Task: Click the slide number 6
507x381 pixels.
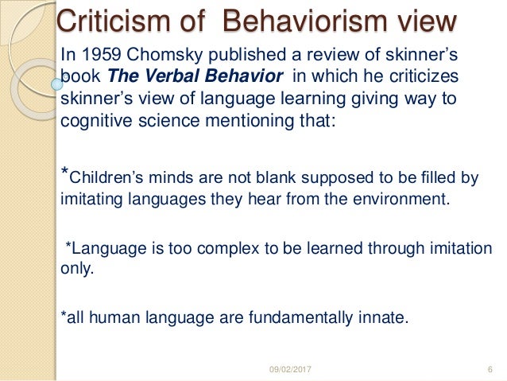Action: (x=487, y=369)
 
